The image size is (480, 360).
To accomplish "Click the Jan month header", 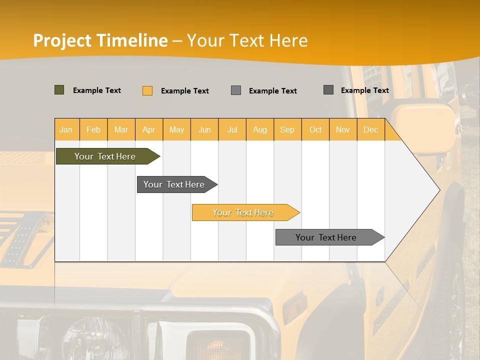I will click(66, 129).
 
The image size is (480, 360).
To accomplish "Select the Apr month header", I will click(149, 129).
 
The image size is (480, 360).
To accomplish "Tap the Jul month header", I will click(232, 129).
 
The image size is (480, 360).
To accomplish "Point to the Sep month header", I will click(287, 129).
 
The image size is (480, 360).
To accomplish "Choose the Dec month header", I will click(370, 129).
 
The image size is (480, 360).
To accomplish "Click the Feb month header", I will click(93, 129).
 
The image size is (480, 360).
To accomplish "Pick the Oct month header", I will click(315, 129).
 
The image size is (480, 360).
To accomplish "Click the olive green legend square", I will click(59, 90).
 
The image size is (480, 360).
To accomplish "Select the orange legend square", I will click(147, 90).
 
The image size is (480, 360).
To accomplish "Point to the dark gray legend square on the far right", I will click(328, 90).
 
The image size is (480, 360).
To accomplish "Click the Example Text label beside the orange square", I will click(185, 91).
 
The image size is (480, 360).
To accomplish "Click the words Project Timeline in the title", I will click(100, 40).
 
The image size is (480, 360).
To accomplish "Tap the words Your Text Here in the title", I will click(247, 40).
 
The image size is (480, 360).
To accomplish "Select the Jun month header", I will click(204, 129).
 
